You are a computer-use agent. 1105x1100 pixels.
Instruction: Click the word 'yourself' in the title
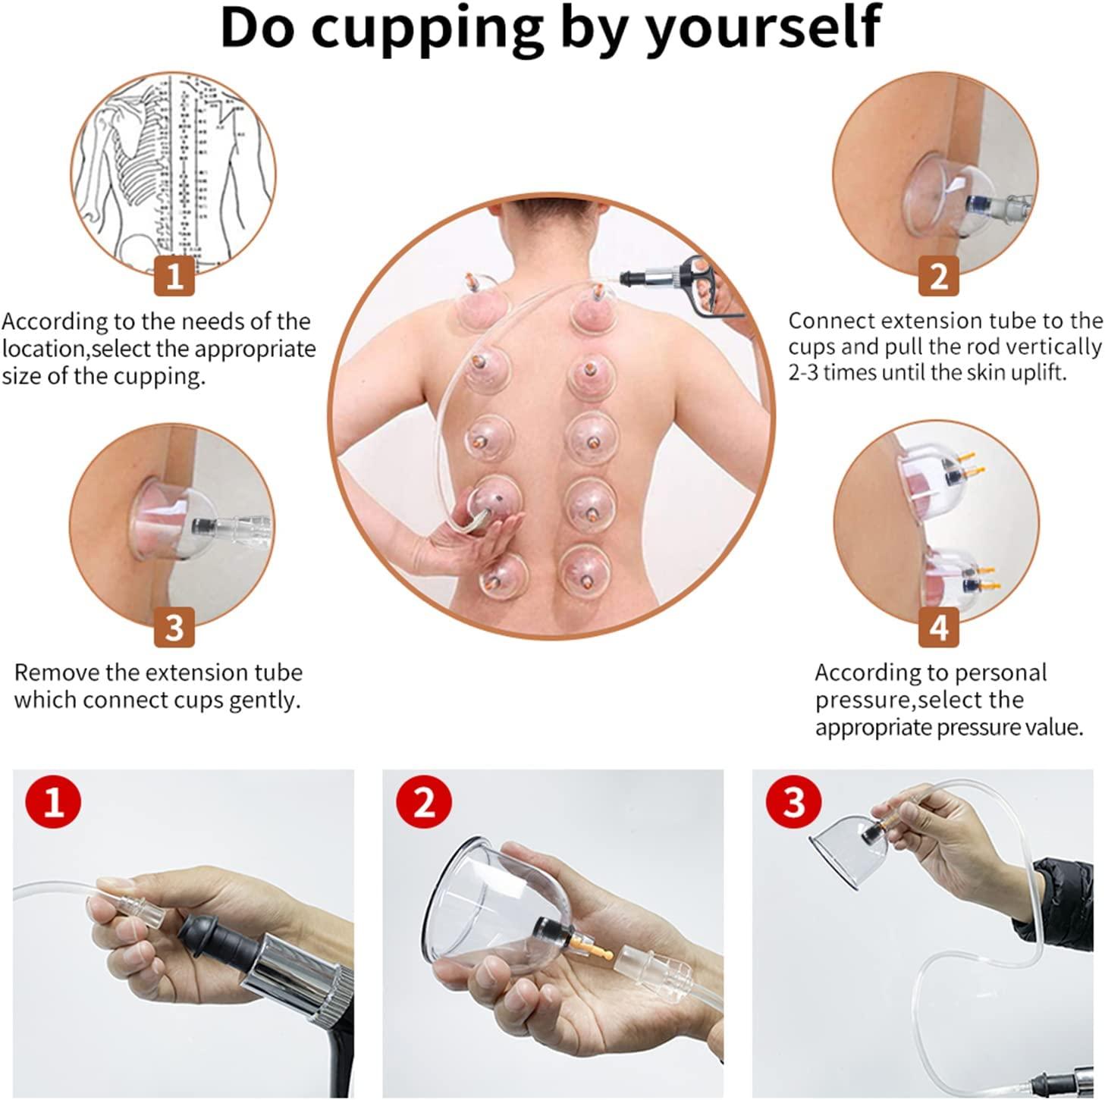763,28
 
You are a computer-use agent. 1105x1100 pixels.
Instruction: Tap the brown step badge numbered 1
174,275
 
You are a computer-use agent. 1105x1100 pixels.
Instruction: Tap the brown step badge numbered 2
938,275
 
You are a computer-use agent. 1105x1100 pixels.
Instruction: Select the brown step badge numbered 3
174,628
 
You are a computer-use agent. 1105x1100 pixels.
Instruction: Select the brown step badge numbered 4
938,628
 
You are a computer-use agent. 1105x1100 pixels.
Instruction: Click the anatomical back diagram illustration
174,171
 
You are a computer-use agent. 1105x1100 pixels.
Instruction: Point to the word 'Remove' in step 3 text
57,672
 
